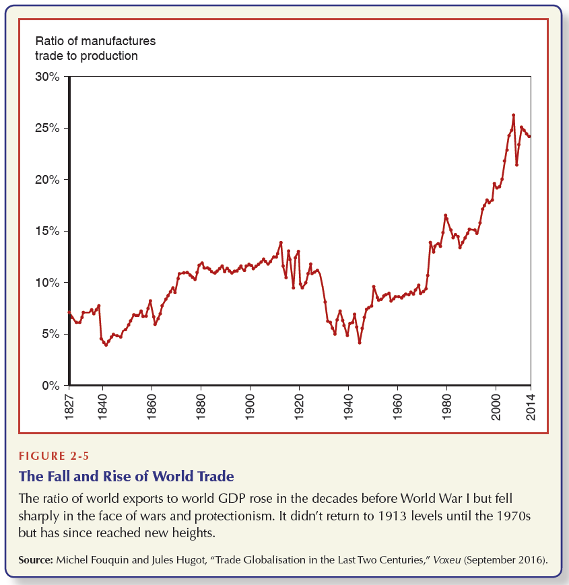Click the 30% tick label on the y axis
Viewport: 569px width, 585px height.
click(x=47, y=77)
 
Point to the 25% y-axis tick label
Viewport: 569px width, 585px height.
click(x=47, y=129)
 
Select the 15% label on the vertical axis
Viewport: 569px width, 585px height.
click(x=47, y=232)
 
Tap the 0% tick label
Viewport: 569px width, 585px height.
click(x=51, y=386)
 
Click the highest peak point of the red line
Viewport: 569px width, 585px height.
click(x=513, y=115)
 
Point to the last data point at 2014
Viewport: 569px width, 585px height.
click(x=529, y=137)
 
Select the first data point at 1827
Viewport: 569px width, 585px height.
click(x=69, y=312)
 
